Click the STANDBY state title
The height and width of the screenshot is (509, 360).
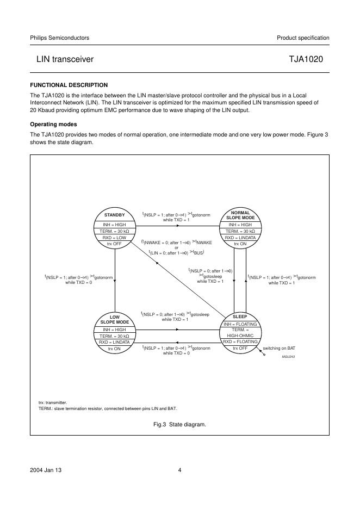pos(115,215)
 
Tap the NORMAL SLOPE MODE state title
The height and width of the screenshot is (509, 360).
pos(240,215)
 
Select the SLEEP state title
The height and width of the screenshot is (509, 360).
pos(240,316)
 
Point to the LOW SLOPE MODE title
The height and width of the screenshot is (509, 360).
pos(115,319)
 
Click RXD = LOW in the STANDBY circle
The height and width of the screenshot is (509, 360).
pos(115,238)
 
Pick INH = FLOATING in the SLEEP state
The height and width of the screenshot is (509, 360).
pos(240,324)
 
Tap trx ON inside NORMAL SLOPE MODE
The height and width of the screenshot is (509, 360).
pos(240,244)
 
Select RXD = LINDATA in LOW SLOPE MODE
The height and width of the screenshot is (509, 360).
pos(115,342)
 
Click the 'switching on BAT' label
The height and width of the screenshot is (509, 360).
pos(279,348)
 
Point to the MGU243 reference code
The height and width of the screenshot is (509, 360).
pos(288,356)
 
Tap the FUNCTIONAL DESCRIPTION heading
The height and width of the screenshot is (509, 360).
pos(69,85)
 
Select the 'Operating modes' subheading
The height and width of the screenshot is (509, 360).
pos(53,124)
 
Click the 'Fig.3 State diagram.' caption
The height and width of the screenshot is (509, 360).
pos(180,424)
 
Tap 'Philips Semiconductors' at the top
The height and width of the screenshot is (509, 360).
pos(59,38)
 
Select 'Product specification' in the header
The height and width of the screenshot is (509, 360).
pos(303,38)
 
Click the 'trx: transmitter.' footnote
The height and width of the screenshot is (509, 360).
pos(52,402)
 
